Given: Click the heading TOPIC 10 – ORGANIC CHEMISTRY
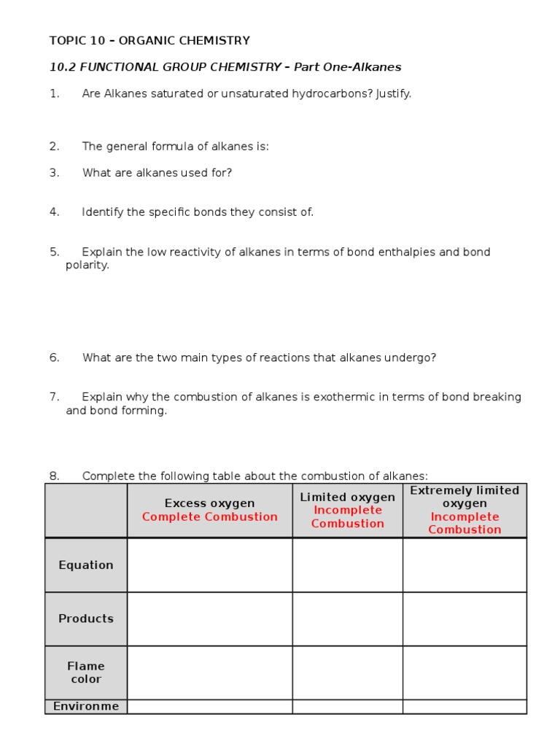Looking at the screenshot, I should click(149, 41).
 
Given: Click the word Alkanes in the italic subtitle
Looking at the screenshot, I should click(377, 67).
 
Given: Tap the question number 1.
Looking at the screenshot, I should click(53, 93).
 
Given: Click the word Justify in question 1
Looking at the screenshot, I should click(393, 93).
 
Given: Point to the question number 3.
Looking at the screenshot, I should click(54, 173).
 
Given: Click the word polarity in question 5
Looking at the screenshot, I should click(87, 265).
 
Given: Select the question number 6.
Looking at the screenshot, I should click(54, 357).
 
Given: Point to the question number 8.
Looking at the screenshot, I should click(54, 476).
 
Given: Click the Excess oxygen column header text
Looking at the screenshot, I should click(210, 503).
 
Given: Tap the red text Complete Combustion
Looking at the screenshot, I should click(210, 516).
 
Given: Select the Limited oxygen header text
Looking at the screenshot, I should click(348, 497).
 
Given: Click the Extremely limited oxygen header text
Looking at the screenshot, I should click(464, 497).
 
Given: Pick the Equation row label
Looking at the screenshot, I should click(86, 565).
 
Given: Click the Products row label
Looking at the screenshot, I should click(86, 619).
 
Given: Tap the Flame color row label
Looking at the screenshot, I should click(86, 673).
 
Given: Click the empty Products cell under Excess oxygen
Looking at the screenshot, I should click(210, 619).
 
